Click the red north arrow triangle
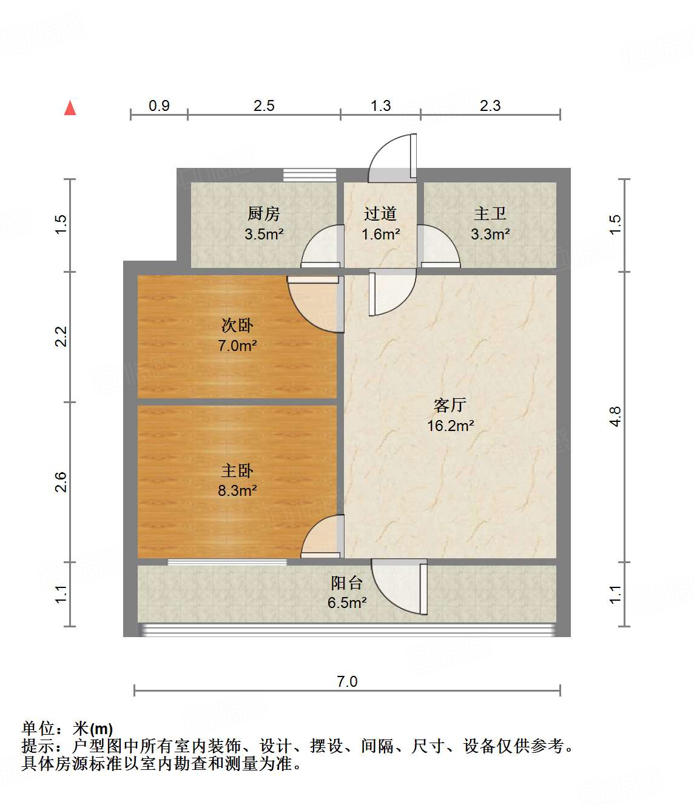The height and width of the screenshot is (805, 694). point(70,108)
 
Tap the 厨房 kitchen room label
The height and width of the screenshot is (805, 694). point(264,214)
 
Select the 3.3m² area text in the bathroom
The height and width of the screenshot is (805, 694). point(490,234)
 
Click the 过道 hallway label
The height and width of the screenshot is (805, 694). point(380,214)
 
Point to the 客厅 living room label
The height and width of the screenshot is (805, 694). point(450,405)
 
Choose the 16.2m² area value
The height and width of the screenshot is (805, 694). point(450,426)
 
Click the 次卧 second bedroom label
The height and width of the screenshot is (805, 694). point(237,326)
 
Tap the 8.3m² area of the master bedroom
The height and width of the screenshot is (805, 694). point(237,490)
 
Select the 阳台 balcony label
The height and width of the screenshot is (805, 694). point(347,583)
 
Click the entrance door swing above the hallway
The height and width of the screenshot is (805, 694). point(393,158)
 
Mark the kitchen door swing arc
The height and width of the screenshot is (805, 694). point(322,247)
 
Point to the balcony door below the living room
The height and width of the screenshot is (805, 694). point(399,587)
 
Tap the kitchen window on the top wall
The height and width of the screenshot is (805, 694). point(309,175)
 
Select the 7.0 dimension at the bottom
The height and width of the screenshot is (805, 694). point(347,681)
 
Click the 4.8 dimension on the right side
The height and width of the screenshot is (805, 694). point(615,416)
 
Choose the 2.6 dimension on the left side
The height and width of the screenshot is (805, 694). point(61,482)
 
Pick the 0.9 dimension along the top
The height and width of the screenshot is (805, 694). point(159,105)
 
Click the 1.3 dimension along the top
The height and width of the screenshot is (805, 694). point(380,105)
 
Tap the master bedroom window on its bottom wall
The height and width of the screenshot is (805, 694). point(227,562)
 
